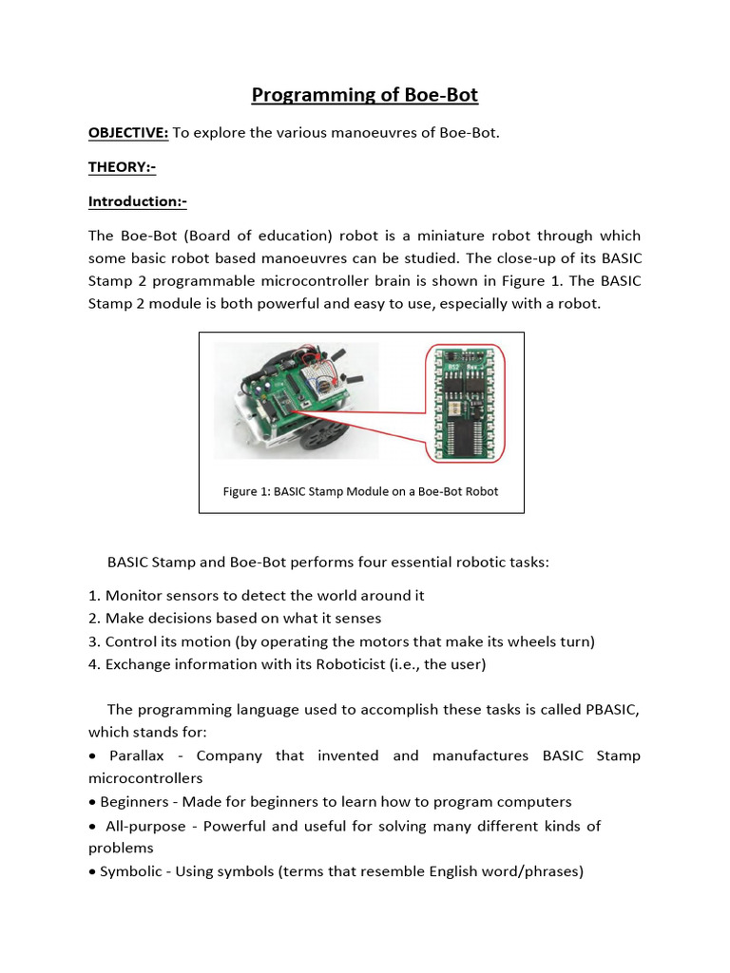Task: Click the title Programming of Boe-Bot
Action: click(x=364, y=95)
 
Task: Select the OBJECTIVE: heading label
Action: click(x=128, y=132)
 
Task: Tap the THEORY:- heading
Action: click(x=122, y=167)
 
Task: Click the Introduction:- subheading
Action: click(x=137, y=201)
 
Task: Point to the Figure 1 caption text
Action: click(x=360, y=491)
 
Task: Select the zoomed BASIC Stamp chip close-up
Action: click(x=465, y=402)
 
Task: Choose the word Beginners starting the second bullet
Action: click(x=137, y=802)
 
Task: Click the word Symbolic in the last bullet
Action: click(x=131, y=870)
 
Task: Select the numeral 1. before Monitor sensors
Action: click(x=94, y=596)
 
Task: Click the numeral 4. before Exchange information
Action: click(x=94, y=664)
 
